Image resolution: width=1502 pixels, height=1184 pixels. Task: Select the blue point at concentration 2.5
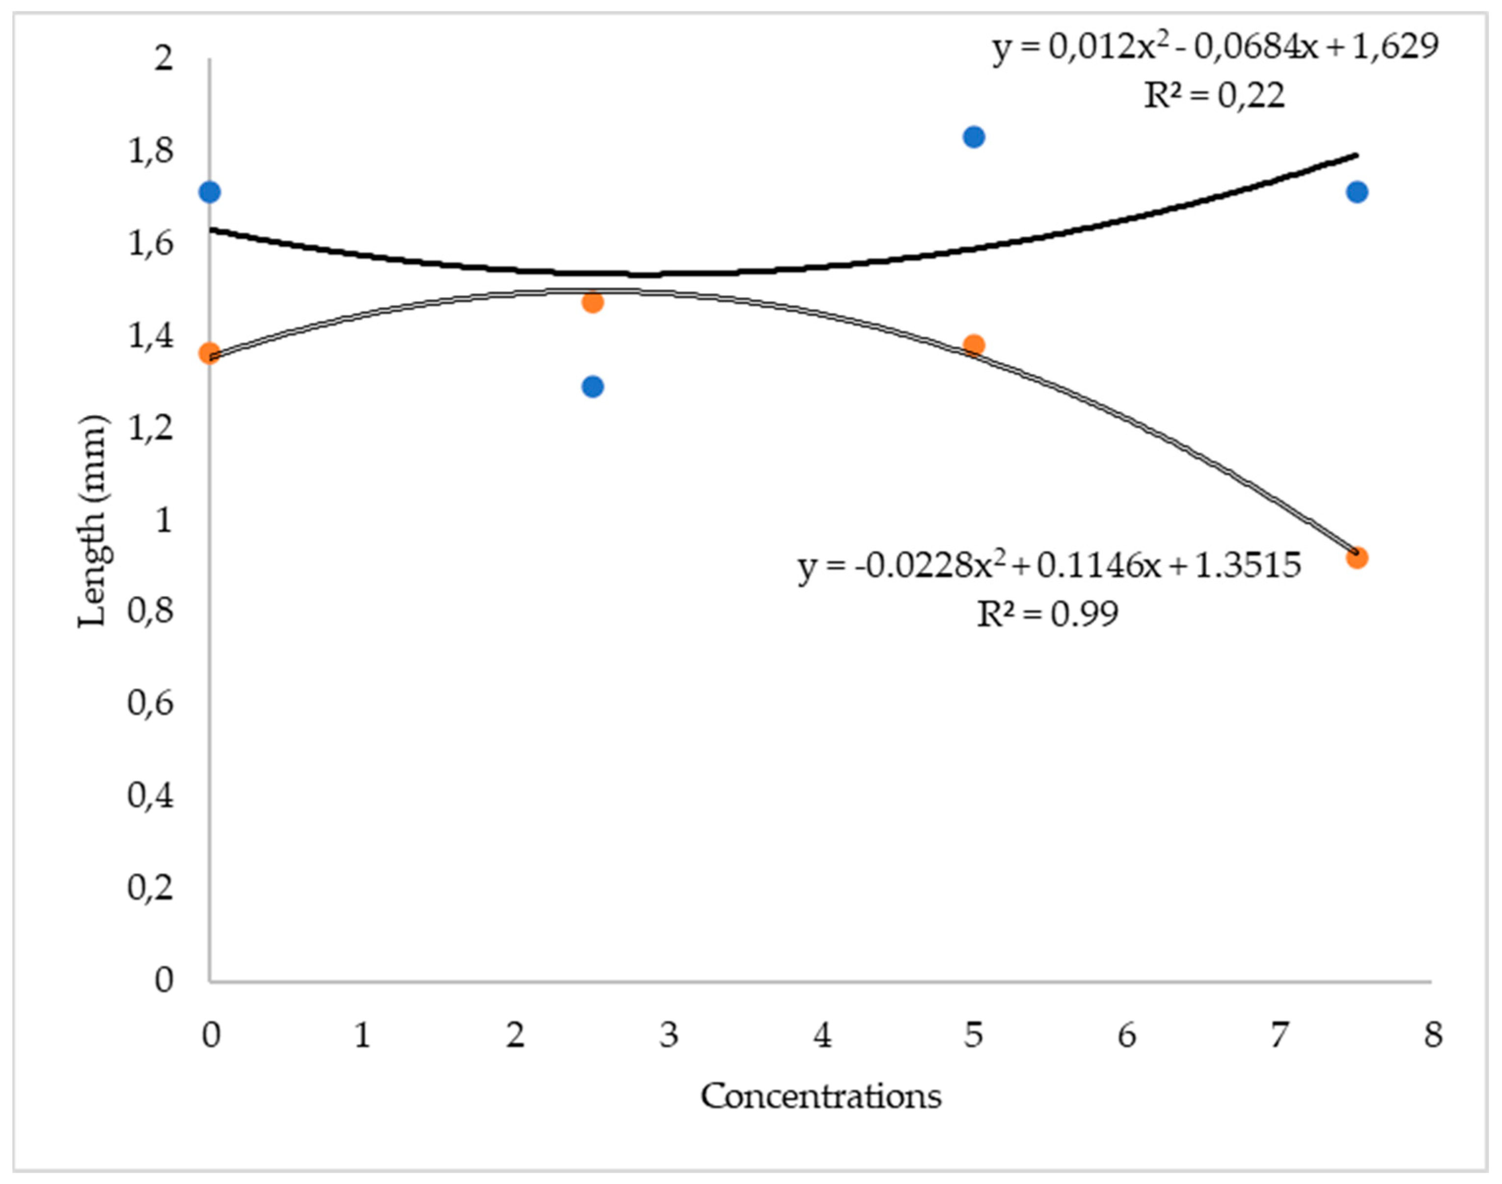click(592, 386)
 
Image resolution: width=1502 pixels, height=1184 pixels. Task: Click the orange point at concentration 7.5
click(1357, 557)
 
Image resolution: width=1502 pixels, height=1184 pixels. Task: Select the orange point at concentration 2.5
click(592, 302)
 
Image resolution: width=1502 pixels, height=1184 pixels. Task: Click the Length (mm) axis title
click(92, 521)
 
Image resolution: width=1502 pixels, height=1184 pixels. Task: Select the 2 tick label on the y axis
click(164, 58)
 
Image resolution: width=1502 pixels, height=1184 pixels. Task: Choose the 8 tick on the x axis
click(1432, 1036)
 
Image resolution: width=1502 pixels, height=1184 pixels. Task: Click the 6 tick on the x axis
click(1126, 1036)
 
